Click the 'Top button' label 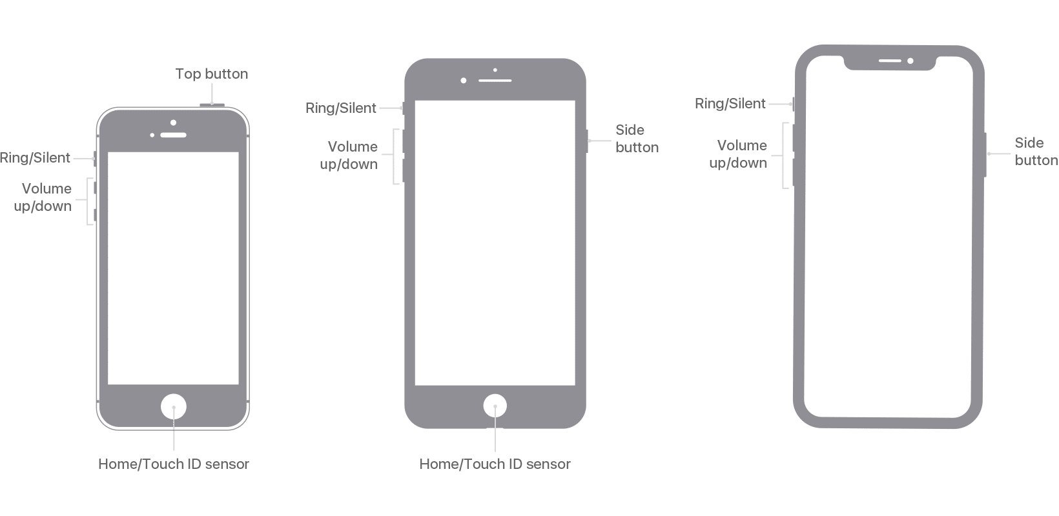(x=211, y=74)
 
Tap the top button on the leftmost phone (x=212, y=105)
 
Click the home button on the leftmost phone (x=174, y=406)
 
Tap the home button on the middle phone (x=495, y=406)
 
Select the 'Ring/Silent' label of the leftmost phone (x=35, y=158)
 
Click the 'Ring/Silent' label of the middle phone (x=341, y=108)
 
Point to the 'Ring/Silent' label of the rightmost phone (x=730, y=104)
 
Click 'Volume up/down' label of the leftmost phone (x=43, y=197)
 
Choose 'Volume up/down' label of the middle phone (x=349, y=155)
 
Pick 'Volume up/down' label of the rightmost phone (x=738, y=154)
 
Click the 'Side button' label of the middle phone (x=637, y=139)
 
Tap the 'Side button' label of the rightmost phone (x=1036, y=152)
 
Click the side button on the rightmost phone (x=985, y=155)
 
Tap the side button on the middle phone (x=587, y=141)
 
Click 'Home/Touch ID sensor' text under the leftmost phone (x=174, y=464)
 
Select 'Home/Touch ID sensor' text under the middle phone (x=495, y=464)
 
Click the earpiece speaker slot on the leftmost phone (x=174, y=135)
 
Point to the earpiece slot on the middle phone (x=495, y=81)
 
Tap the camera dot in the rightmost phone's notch (x=910, y=61)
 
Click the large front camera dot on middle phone (x=464, y=81)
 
